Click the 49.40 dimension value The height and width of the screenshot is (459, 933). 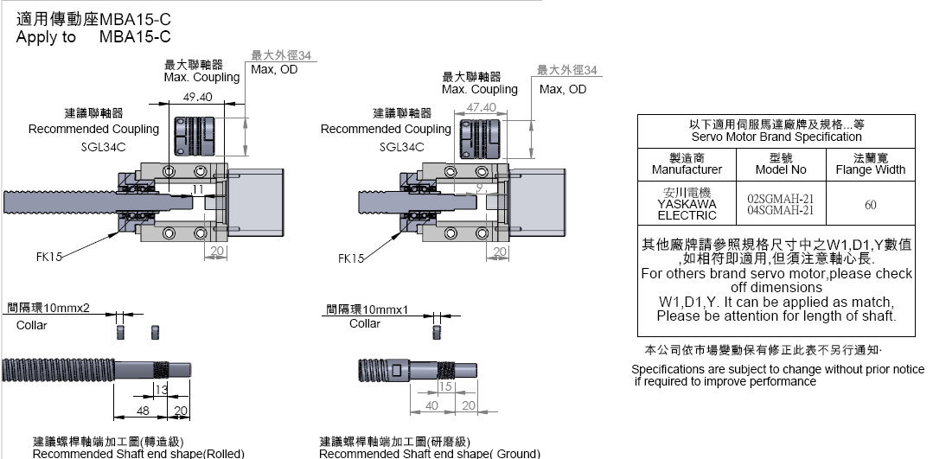click(x=197, y=98)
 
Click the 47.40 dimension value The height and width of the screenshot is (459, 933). click(x=481, y=107)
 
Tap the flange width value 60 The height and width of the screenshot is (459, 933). click(x=870, y=205)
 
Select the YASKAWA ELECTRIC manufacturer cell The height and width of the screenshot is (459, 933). click(x=687, y=204)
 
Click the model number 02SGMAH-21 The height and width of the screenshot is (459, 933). click(x=781, y=198)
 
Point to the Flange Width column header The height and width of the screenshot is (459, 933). click(x=870, y=164)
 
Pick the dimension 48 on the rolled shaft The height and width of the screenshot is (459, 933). click(x=144, y=410)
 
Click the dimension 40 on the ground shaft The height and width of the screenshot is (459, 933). click(x=432, y=405)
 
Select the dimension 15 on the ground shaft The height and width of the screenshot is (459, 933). click(x=445, y=386)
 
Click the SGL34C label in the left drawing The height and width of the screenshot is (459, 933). click(x=98, y=147)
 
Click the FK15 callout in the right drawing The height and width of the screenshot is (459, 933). click(x=349, y=258)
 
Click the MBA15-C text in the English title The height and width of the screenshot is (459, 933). click(x=135, y=36)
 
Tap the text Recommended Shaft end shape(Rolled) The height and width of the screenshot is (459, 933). click(x=138, y=453)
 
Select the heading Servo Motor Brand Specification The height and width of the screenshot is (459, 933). click(x=776, y=137)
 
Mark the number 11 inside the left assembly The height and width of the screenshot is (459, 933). click(x=198, y=188)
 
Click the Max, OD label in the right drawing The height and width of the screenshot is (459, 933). click(x=562, y=89)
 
